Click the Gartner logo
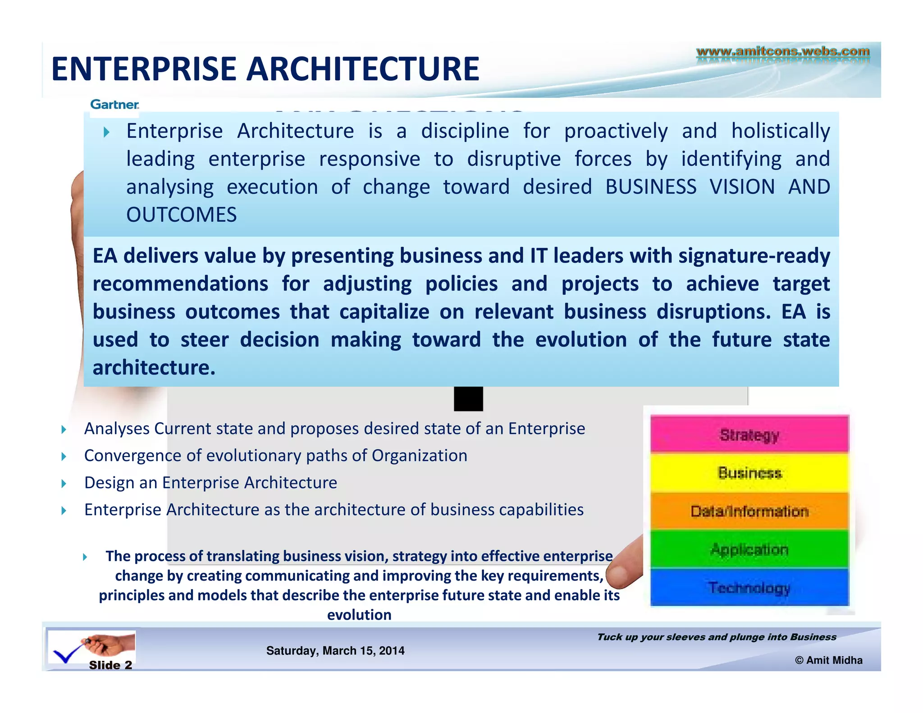click(114, 105)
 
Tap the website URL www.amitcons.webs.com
click(783, 51)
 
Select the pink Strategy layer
click(749, 434)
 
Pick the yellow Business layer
click(749, 473)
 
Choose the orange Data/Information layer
click(749, 511)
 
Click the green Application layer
click(749, 549)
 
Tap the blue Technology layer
click(749, 587)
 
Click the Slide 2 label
click(110, 665)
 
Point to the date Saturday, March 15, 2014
click(335, 650)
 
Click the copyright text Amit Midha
click(829, 660)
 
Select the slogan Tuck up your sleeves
click(716, 637)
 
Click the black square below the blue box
click(468, 399)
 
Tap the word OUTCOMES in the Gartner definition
click(181, 215)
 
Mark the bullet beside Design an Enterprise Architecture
click(64, 484)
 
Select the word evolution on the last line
click(359, 615)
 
